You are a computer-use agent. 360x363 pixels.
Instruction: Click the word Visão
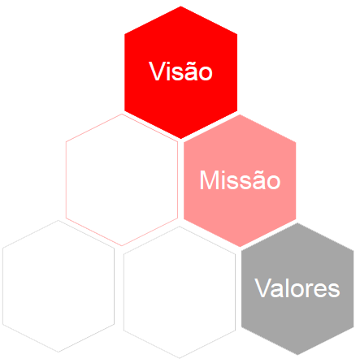pos(180,71)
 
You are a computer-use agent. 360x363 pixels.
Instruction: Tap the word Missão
pos(240,179)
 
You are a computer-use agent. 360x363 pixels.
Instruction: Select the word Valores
pos(297,288)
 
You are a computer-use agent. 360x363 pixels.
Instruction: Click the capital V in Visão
pos(156,71)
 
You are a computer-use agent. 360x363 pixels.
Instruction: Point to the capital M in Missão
pos(209,180)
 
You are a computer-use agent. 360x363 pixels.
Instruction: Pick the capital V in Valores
pos(262,288)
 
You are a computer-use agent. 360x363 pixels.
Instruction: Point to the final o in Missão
pos(273,183)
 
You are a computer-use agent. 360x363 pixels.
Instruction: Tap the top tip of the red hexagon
pos(180,6)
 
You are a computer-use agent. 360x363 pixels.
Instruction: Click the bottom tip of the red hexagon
pos(180,139)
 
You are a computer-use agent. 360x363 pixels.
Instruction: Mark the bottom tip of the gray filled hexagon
pos(297,355)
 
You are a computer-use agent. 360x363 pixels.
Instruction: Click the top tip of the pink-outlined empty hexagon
pos(122,114)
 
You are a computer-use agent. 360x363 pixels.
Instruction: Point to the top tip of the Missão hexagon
pos(240,115)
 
